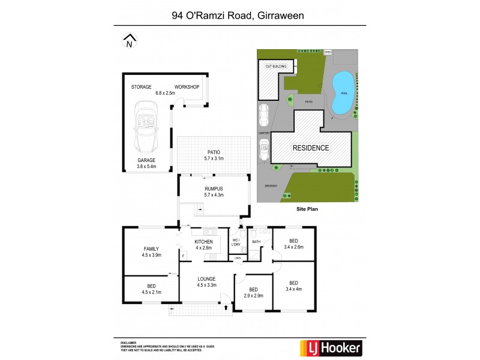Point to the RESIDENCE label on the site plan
coord(310,148)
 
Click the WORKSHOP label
coord(187,87)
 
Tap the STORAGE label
coord(142,87)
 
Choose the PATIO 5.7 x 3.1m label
coord(214,155)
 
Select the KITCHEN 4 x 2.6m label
coord(204,244)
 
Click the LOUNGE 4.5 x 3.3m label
coord(206,281)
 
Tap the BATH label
coord(256,241)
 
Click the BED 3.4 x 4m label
coord(293,286)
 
